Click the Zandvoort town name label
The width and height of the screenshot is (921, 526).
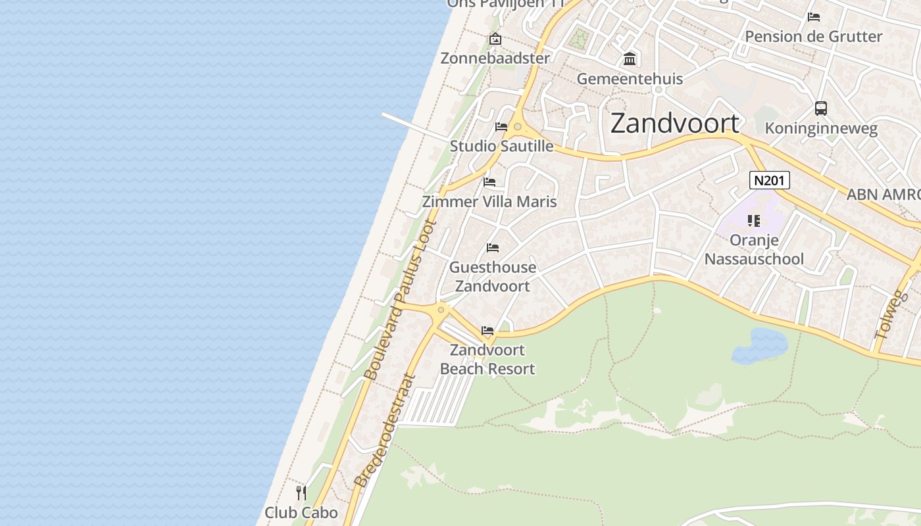675,124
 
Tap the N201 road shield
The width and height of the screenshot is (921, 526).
769,180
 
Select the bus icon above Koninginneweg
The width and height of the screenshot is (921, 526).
820,108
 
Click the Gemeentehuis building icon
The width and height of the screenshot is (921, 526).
630,60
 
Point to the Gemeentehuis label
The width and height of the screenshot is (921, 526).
630,79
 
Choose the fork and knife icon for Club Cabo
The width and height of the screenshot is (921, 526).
301,492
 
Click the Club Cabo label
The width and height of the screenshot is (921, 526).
301,512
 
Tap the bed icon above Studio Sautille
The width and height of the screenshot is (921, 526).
501,127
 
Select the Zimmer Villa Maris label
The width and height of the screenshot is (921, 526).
489,201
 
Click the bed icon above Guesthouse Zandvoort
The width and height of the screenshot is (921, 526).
492,248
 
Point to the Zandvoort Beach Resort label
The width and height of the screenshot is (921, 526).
487,360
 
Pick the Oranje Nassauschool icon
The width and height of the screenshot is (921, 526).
754,221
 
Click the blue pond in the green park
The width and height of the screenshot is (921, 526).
760,347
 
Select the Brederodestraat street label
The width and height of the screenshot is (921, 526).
386,431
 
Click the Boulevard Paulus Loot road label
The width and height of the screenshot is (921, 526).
400,301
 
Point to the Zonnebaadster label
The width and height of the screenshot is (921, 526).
495,58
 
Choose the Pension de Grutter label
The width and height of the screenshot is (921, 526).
813,36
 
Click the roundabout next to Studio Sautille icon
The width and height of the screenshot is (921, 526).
518,126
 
